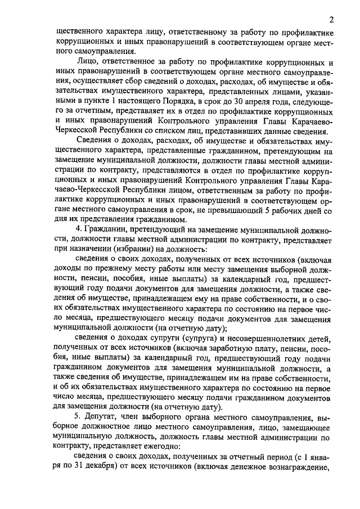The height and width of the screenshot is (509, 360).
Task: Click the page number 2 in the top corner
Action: [331, 20]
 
